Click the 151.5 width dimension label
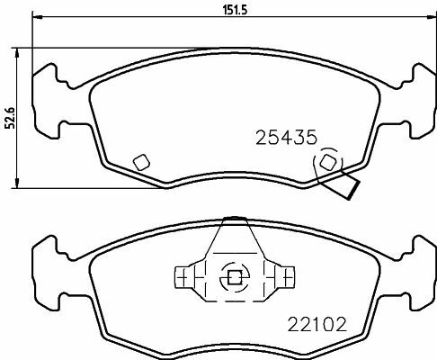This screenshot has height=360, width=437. tap(235, 10)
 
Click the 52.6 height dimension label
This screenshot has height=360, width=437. tap(11, 118)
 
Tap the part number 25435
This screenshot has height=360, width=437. tap(286, 138)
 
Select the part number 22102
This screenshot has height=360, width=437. tap(317, 324)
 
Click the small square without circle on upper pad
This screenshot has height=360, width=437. tap(141, 162)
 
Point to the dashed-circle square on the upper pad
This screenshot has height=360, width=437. tap(328, 162)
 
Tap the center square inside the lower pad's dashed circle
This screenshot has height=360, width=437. tap(235, 277)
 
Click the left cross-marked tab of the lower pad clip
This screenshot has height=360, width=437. tap(183, 277)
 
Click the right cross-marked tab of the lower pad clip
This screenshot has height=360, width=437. tap(287, 277)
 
